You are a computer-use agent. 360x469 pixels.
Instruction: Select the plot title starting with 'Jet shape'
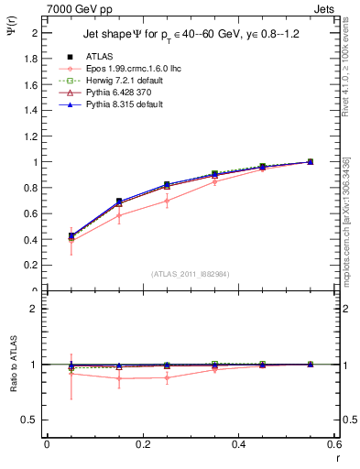click(189, 34)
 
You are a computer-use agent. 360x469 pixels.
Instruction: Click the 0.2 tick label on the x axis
click(142, 445)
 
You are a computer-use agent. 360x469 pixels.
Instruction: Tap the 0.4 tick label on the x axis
click(238, 445)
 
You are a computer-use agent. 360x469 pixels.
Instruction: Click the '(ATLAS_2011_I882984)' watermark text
click(191, 273)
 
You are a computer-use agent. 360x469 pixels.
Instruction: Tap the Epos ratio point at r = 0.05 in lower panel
click(71, 373)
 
